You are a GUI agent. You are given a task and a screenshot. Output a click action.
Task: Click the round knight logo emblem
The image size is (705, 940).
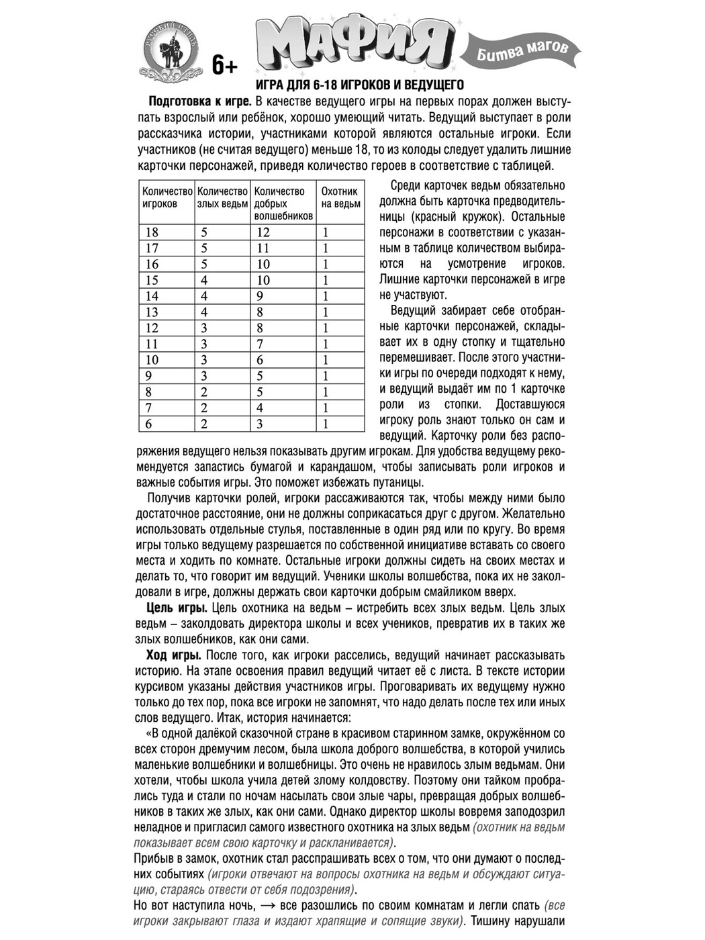(x=171, y=50)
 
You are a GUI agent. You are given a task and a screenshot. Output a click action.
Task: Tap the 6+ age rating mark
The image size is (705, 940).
(x=225, y=65)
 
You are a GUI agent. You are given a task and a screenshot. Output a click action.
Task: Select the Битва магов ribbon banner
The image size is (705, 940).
(x=522, y=50)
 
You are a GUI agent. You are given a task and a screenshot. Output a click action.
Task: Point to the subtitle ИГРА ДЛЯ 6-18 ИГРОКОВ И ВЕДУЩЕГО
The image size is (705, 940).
(x=360, y=85)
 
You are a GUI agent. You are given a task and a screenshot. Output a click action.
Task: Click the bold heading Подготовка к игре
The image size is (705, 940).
(x=199, y=102)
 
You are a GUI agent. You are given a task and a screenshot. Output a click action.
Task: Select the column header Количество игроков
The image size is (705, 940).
(x=167, y=197)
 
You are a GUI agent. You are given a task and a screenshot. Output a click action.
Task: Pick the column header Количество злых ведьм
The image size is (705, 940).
(x=223, y=197)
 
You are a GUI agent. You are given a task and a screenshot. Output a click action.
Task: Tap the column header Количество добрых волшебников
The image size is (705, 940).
(x=283, y=203)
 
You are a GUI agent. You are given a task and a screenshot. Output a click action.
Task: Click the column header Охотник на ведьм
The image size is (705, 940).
(x=340, y=197)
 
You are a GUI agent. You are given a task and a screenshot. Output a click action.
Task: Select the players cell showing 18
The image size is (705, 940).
(x=152, y=232)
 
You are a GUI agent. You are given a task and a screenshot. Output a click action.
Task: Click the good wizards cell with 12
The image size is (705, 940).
(x=263, y=232)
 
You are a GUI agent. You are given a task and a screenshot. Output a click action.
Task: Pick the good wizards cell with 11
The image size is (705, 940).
(x=263, y=248)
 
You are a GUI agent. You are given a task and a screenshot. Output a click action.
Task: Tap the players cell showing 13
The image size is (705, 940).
(x=152, y=312)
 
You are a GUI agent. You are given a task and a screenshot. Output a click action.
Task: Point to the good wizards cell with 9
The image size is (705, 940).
(x=260, y=296)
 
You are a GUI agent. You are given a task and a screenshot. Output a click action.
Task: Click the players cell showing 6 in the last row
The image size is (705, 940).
(x=148, y=424)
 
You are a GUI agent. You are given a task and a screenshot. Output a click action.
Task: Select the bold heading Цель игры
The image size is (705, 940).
(x=177, y=608)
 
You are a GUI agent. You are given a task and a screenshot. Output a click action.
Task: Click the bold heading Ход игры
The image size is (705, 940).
(x=173, y=655)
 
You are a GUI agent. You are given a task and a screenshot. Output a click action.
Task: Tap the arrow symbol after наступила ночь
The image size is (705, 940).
(x=269, y=906)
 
